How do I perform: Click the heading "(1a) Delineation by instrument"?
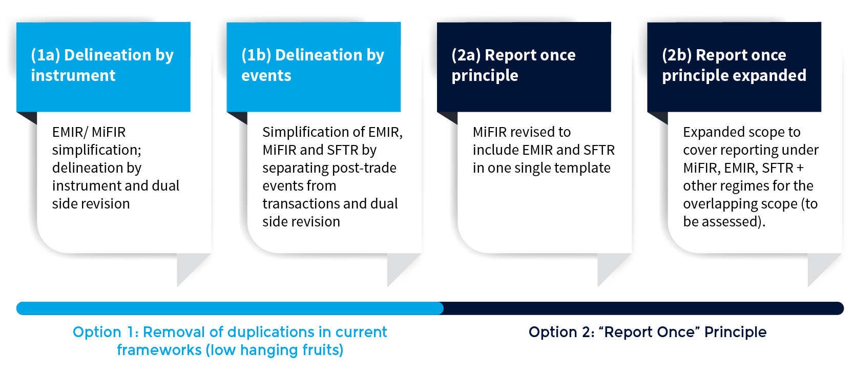click(102, 65)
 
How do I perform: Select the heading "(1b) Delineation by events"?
click(313, 65)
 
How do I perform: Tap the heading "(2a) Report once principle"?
click(513, 65)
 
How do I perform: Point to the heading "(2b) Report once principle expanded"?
click(734, 65)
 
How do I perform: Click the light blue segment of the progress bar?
click(230, 308)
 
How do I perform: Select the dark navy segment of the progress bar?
click(643, 308)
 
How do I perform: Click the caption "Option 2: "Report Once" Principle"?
click(648, 332)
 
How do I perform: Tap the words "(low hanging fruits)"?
click(275, 350)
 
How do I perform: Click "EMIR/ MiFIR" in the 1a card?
click(89, 132)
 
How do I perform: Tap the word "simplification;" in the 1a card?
click(97, 150)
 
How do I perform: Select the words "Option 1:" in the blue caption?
click(106, 332)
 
